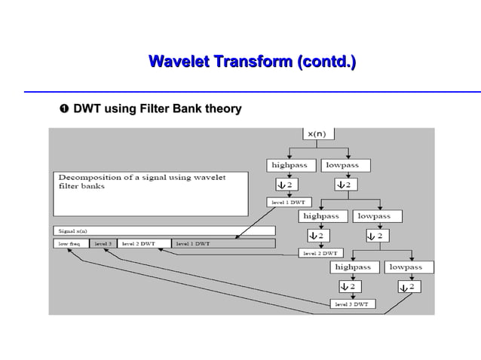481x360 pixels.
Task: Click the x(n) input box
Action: [316, 133]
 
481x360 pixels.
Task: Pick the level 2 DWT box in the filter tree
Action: [320, 253]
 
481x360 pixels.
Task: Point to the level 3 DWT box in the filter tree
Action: [351, 304]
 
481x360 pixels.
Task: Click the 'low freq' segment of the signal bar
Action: [70, 244]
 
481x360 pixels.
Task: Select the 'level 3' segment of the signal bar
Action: [103, 244]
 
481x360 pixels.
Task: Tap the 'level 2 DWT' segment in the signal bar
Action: [139, 244]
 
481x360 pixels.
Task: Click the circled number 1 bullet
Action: [63, 109]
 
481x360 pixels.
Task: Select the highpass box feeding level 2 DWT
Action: [320, 216]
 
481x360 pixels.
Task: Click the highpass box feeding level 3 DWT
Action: [353, 267]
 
